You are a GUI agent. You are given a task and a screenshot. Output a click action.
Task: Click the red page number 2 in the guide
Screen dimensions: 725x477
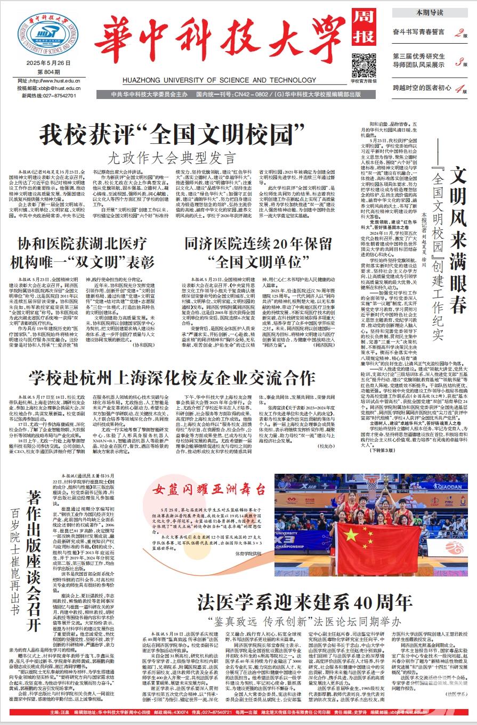(458, 34)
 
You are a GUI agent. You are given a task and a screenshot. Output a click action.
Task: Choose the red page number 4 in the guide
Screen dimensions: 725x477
(458, 89)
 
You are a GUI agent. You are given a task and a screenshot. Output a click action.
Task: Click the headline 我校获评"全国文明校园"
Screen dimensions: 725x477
(172, 133)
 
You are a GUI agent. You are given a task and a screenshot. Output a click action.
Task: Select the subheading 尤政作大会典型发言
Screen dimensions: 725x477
(171, 156)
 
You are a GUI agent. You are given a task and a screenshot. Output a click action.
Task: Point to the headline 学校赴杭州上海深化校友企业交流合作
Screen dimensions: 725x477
(172, 377)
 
